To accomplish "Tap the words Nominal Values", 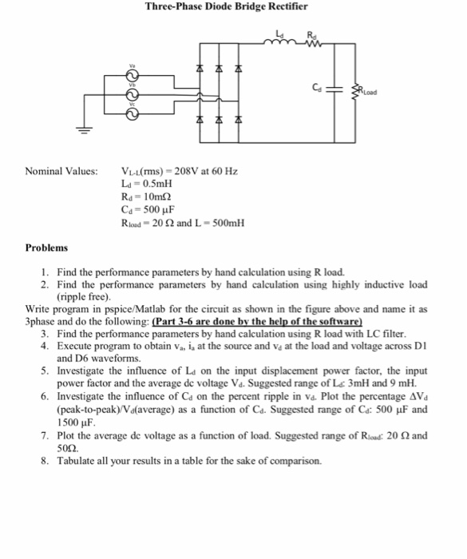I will (x=62, y=171).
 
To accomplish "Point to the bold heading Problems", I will (x=46, y=248).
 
